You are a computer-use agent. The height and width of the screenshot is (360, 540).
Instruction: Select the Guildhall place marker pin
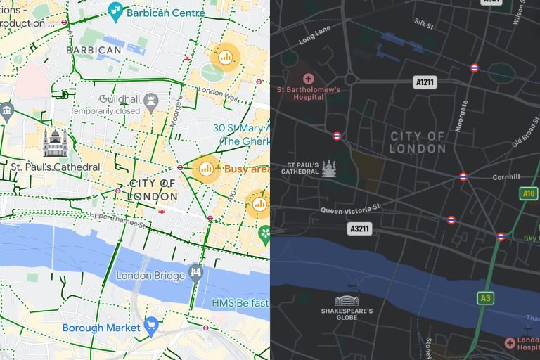[150, 103]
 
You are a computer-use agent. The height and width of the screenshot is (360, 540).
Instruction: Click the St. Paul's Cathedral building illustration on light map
[55, 142]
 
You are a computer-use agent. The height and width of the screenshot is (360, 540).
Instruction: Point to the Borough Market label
[101, 328]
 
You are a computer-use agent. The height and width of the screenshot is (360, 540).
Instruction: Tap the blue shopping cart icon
[150, 325]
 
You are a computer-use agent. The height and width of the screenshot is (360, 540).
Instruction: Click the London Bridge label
[150, 276]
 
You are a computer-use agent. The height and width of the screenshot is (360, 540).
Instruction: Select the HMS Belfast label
[240, 303]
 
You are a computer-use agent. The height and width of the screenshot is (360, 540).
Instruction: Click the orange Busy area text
[246, 169]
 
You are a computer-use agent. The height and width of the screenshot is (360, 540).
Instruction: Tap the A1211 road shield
[426, 82]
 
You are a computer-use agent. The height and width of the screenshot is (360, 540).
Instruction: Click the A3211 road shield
[360, 229]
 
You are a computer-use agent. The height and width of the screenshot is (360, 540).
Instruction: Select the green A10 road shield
[529, 193]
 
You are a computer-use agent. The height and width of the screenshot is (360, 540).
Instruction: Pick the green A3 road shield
[485, 298]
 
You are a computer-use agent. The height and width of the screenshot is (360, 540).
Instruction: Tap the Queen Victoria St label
[350, 208]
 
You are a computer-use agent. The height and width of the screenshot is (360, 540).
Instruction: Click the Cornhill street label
[506, 177]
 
